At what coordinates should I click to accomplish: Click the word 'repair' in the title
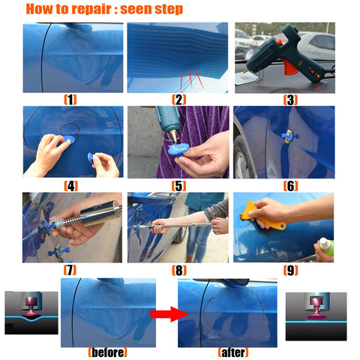point(91,10)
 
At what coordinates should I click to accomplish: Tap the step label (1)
point(70,100)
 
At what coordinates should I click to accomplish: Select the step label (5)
point(178,186)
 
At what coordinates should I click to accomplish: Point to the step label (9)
point(290,270)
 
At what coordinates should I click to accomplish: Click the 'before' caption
point(108,352)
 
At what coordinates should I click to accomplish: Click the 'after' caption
point(233,352)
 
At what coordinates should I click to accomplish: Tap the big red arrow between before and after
point(169,314)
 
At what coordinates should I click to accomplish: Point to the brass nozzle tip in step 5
point(172,136)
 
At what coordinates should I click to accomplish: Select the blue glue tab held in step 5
point(178,149)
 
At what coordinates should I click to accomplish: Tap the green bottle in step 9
point(327,247)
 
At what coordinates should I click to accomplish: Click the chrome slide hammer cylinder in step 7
point(100,214)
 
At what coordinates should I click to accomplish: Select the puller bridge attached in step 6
point(289,136)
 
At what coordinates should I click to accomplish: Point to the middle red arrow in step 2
point(190,79)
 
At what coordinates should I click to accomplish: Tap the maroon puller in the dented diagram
point(31,306)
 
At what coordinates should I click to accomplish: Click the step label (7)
point(70,270)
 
